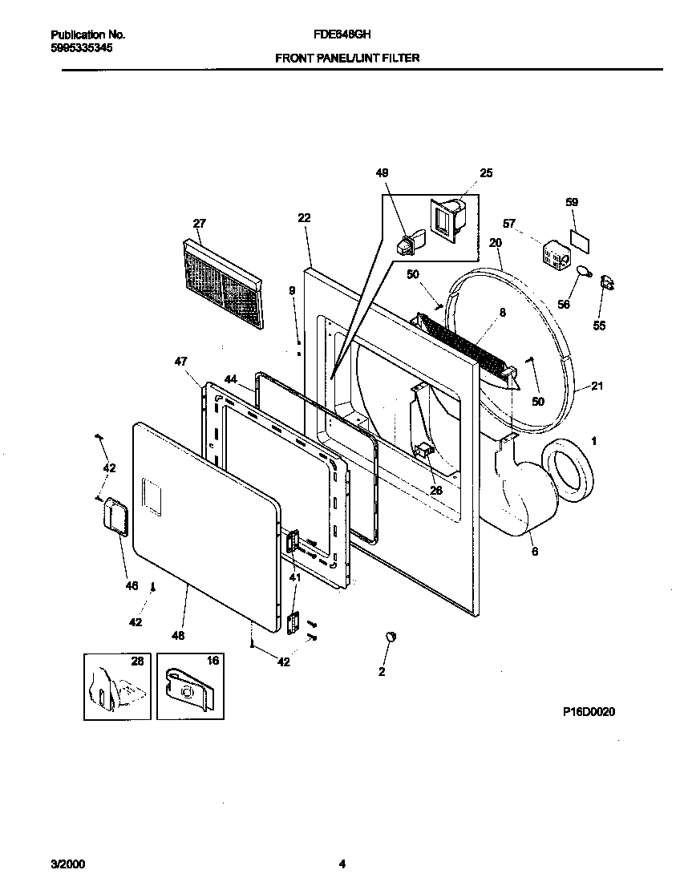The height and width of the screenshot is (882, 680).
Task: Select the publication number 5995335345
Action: point(81,48)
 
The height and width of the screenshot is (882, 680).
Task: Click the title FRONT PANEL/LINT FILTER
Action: point(347,59)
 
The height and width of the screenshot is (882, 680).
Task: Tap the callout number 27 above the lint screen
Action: point(200,223)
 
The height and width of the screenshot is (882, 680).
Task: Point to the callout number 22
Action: point(303,217)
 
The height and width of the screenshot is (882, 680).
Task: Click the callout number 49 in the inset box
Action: point(382,172)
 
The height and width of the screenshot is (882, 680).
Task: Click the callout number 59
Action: point(572,202)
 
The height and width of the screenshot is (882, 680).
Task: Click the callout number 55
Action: point(599,326)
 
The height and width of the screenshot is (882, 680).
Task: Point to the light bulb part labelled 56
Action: point(583,272)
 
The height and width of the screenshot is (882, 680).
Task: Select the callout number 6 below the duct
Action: point(534,552)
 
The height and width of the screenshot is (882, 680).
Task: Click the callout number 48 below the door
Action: point(177,636)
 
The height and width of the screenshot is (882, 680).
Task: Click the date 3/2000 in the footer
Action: point(67,864)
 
